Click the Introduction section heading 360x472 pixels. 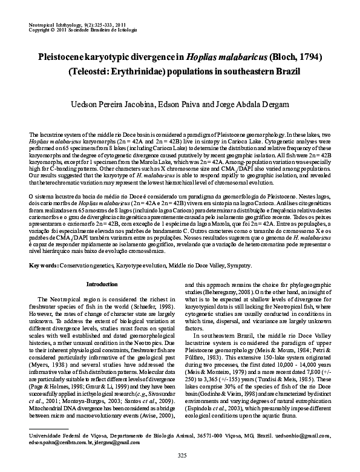point(102,284)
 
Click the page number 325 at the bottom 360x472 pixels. point(180,454)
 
